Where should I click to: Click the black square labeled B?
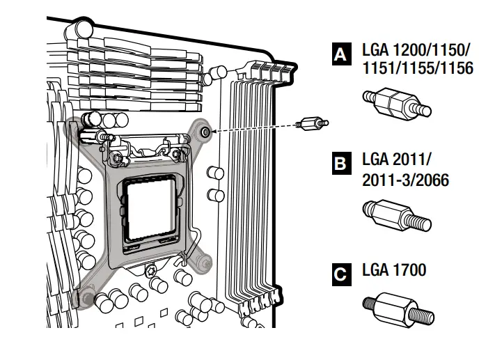340,164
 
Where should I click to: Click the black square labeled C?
340,274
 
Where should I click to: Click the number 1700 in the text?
411,270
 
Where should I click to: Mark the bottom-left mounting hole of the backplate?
84,299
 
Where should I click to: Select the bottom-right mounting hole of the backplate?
205,262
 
